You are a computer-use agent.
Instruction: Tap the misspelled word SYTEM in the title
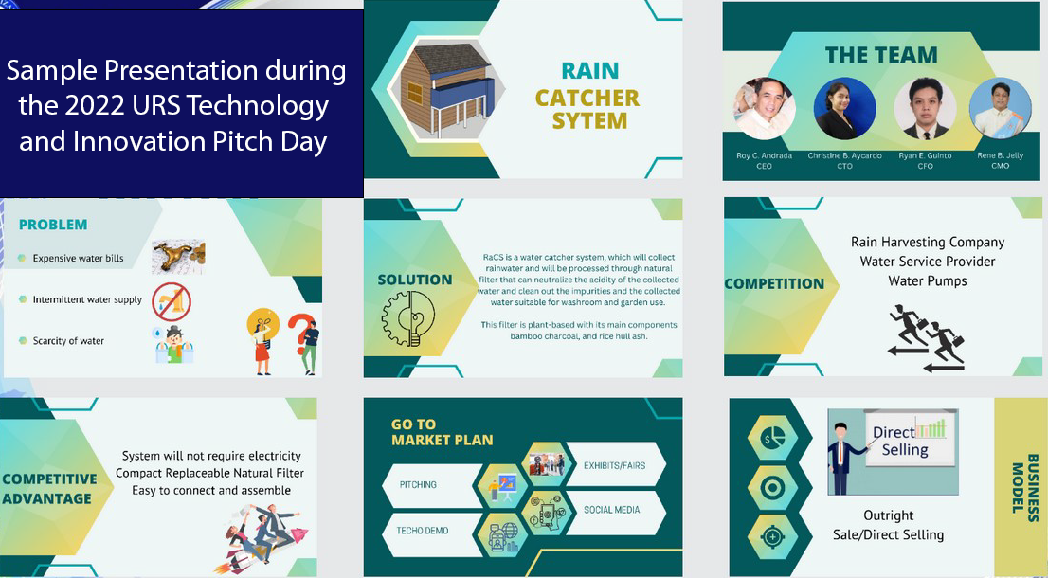(x=588, y=121)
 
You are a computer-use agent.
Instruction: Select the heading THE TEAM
(x=881, y=55)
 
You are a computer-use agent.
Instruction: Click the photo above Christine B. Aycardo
(x=844, y=109)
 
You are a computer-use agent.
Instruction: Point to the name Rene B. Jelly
(x=1000, y=155)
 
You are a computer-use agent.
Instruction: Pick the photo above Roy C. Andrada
(x=764, y=109)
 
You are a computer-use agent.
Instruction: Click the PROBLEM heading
(x=53, y=225)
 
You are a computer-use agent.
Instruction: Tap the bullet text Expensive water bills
(x=79, y=259)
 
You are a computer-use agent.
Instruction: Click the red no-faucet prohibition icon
(x=172, y=302)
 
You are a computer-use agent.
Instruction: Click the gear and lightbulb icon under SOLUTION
(x=407, y=318)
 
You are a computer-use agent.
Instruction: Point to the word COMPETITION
(x=774, y=284)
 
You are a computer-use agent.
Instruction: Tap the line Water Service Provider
(x=928, y=262)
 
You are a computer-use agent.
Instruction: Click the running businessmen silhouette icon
(x=926, y=338)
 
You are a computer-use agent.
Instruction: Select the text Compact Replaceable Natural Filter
(x=209, y=473)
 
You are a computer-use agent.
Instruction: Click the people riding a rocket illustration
(x=262, y=538)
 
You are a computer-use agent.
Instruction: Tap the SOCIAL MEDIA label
(x=611, y=510)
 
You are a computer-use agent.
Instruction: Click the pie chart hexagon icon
(x=772, y=439)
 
